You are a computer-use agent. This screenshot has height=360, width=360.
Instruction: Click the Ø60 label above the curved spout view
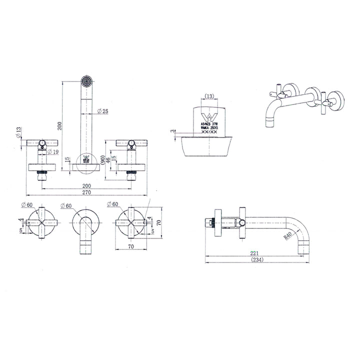click(x=65, y=205)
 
